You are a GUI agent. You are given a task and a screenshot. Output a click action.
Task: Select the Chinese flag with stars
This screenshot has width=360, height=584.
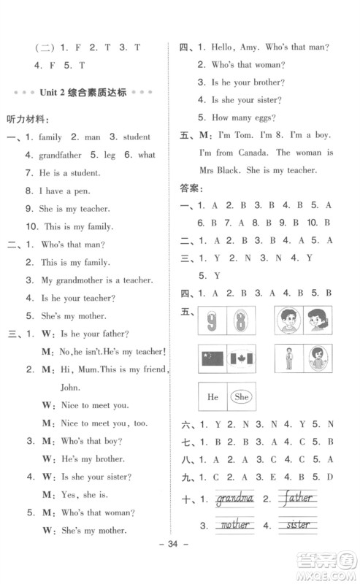[212, 359]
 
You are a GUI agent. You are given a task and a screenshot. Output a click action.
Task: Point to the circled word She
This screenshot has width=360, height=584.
[240, 398]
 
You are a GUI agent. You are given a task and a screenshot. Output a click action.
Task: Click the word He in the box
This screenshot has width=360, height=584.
[213, 398]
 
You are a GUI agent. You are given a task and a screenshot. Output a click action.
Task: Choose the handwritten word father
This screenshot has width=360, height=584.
[296, 499]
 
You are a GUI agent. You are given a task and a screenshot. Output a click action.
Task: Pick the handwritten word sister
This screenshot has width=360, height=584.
[296, 524]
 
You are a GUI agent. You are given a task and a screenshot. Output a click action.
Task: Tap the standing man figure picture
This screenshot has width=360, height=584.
[288, 359]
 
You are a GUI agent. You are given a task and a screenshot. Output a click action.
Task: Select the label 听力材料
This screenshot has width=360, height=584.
[27, 118]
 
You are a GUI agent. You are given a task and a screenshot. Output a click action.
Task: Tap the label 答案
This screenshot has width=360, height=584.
[190, 188]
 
